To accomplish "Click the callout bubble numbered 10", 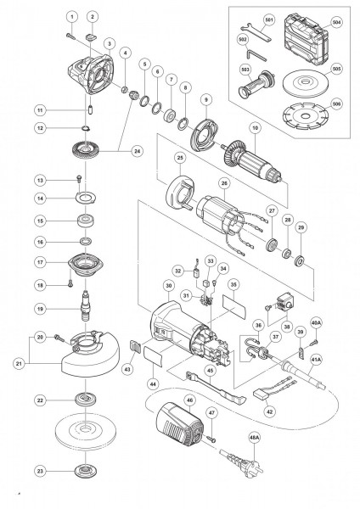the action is pyautogui.click(x=255, y=128).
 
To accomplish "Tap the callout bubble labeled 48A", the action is pyautogui.click(x=255, y=437).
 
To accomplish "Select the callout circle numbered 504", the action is pyautogui.click(x=337, y=22).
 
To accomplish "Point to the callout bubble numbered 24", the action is pyautogui.click(x=138, y=151).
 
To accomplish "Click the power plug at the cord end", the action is pyautogui.click(x=241, y=463).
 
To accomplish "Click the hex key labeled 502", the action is pyautogui.click(x=256, y=54).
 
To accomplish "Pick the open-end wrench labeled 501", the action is pyautogui.click(x=257, y=32).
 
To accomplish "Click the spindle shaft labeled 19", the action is pyautogui.click(x=86, y=305).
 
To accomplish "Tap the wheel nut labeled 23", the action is pyautogui.click(x=86, y=471).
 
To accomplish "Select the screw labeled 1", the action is pyautogui.click(x=70, y=36).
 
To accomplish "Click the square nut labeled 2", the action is pyautogui.click(x=92, y=37).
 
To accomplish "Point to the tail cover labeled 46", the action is pyautogui.click(x=180, y=422).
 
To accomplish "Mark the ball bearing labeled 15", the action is pyautogui.click(x=86, y=221).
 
